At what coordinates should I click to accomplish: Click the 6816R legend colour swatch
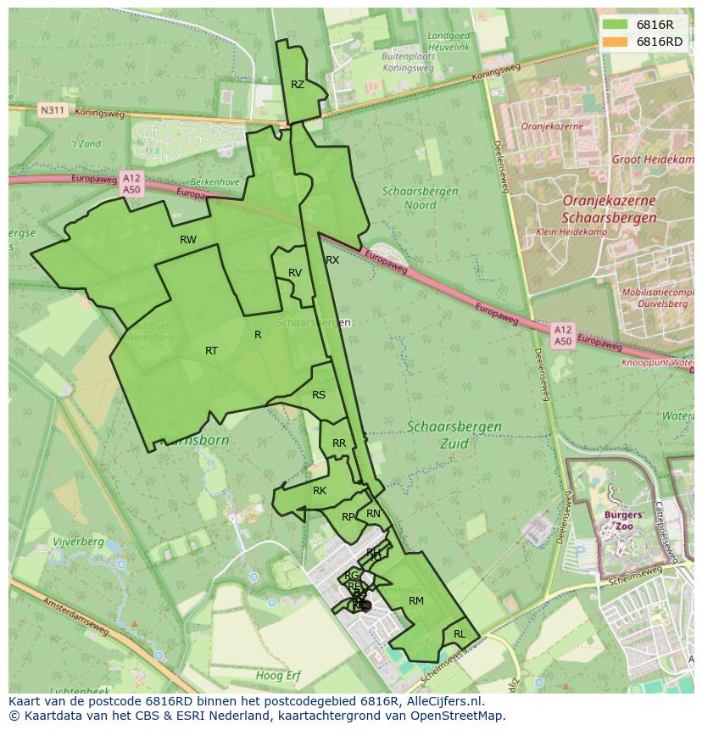pos(616,25)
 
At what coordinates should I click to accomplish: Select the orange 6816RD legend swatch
pos(616,42)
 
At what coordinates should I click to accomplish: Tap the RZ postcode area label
pos(298,85)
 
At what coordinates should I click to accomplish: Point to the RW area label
pos(188,240)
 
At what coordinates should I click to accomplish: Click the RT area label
pos(211,351)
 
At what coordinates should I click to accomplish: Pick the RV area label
pos(295,273)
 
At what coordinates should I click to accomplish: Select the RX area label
pos(332,260)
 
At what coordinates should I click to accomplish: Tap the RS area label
pos(319,395)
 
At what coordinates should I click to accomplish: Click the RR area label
pos(339,443)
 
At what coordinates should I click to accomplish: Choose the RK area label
pos(320,491)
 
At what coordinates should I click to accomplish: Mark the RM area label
pos(416,601)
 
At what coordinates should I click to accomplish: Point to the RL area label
pos(460,634)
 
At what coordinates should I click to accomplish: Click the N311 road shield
pos(52,110)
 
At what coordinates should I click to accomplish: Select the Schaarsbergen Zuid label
pos(454,434)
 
